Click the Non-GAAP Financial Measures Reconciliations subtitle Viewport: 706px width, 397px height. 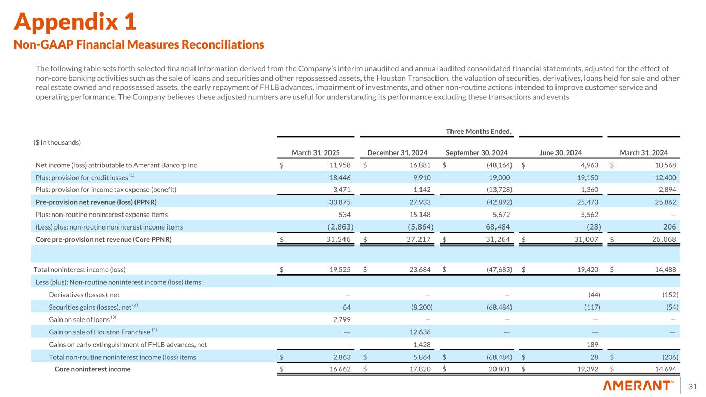[x=139, y=45]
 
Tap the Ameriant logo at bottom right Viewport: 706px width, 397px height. [x=638, y=386]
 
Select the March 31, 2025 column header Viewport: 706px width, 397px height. [x=323, y=152]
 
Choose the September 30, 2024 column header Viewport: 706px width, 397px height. [x=476, y=152]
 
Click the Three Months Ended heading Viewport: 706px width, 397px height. [x=478, y=131]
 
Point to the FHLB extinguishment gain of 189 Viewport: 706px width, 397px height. [x=594, y=344]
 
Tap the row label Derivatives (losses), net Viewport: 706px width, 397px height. [x=84, y=295]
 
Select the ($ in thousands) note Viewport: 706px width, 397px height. [x=57, y=142]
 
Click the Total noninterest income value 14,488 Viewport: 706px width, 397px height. [x=667, y=269]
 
